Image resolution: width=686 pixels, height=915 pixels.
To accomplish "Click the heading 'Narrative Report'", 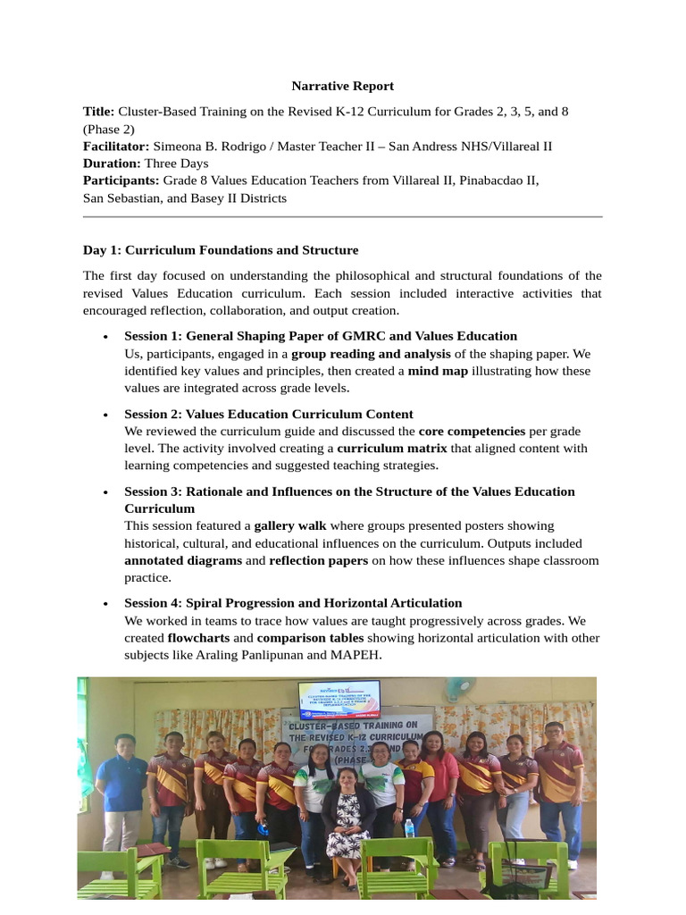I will [x=342, y=87].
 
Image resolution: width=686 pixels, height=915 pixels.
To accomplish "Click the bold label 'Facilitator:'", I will [x=116, y=146].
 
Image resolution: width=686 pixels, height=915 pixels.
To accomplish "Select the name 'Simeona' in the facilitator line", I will [x=178, y=146].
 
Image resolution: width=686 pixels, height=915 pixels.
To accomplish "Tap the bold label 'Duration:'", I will [x=112, y=164].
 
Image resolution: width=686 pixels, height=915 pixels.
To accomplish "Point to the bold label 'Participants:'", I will [x=121, y=180].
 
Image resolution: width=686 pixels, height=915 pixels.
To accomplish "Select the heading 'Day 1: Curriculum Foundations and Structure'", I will [x=221, y=250].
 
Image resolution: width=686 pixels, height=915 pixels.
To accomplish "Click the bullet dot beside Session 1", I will [x=106, y=337].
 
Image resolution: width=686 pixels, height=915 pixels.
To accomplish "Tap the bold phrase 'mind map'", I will [x=438, y=371].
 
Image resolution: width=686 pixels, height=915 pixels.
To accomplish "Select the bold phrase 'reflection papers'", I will [x=318, y=560].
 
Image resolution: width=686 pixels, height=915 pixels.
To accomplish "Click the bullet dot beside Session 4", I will [x=106, y=603].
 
